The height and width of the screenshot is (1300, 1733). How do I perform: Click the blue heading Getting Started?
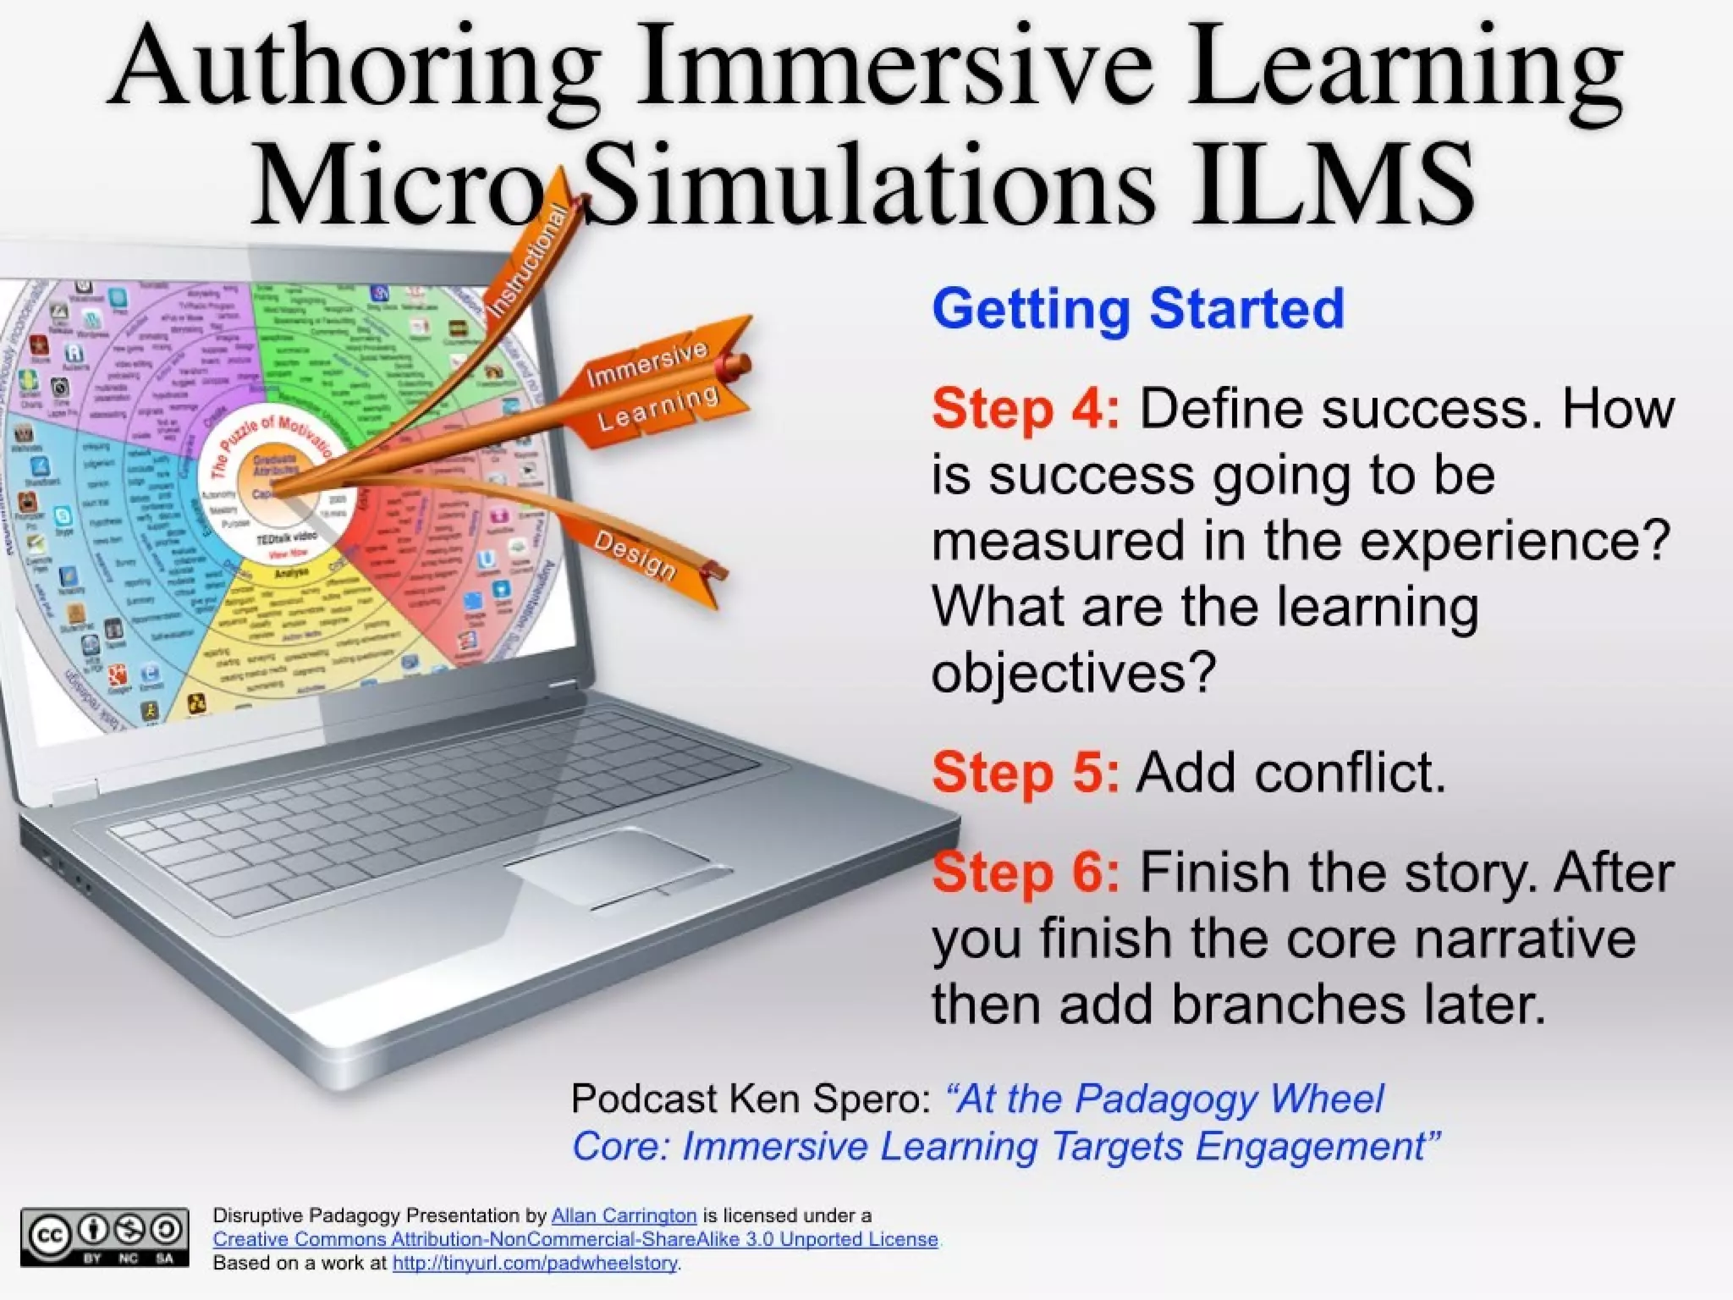point(1137,308)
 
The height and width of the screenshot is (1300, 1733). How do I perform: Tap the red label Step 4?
point(1025,409)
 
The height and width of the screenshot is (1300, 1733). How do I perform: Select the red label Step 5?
point(1025,773)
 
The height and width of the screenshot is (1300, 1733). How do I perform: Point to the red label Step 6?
point(1025,873)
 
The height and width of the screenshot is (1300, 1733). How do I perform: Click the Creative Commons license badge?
point(104,1237)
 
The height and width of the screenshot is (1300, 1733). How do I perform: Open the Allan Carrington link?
point(624,1215)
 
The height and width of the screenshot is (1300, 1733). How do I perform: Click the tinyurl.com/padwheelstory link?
point(535,1263)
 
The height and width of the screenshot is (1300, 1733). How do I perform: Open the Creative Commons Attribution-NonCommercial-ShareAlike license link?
point(575,1239)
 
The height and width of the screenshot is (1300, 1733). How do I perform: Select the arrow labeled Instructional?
point(529,262)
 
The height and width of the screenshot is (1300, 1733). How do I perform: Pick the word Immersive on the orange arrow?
point(647,363)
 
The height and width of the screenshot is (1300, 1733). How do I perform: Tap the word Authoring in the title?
point(355,68)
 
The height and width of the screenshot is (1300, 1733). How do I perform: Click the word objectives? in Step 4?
point(1073,673)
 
